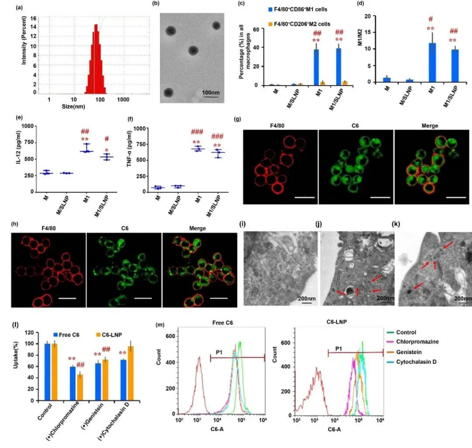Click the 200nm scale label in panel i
tap(307, 299)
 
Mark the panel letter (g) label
tap(238, 119)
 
